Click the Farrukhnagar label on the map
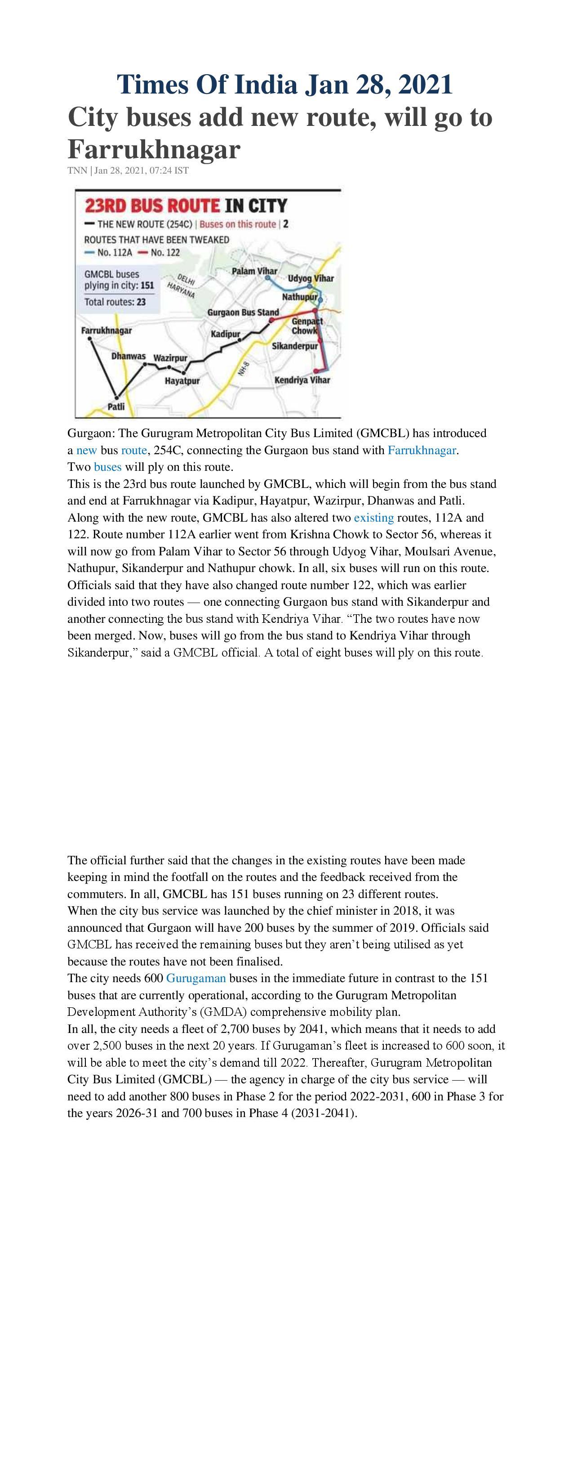pos(107,331)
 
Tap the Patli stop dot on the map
pos(117,397)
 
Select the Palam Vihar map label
pos(254,271)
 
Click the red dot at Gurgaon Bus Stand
pos(272,320)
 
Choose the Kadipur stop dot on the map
pos(240,340)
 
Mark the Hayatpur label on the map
pos(182,381)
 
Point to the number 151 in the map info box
pos(147,286)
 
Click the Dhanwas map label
pos(129,356)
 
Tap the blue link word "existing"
pos(374,517)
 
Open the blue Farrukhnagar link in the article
pos(422,450)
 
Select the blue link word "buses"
pos(108,467)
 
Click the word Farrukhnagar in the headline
pos(154,149)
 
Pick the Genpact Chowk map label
pos(306,326)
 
